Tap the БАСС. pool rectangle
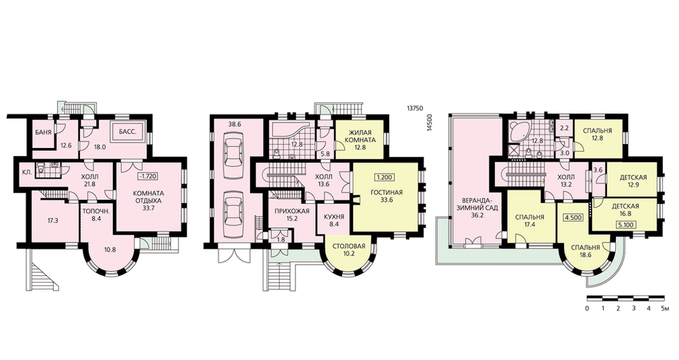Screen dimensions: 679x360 coord(130,132)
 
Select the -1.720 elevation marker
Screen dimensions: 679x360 coord(147,177)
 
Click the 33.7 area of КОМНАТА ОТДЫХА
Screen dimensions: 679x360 coord(147,209)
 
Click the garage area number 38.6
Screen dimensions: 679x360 coord(234,124)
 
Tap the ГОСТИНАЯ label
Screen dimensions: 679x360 coord(386,192)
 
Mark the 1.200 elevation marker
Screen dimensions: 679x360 coord(384,177)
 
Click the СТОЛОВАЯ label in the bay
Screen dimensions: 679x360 coord(349,246)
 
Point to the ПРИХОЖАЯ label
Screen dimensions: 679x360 coord(292,211)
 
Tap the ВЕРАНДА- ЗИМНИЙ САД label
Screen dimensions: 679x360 coord(474,204)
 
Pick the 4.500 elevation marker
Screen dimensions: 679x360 coord(573,218)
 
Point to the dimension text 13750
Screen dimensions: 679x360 coord(414,109)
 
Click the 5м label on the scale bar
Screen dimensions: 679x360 coord(666,309)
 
